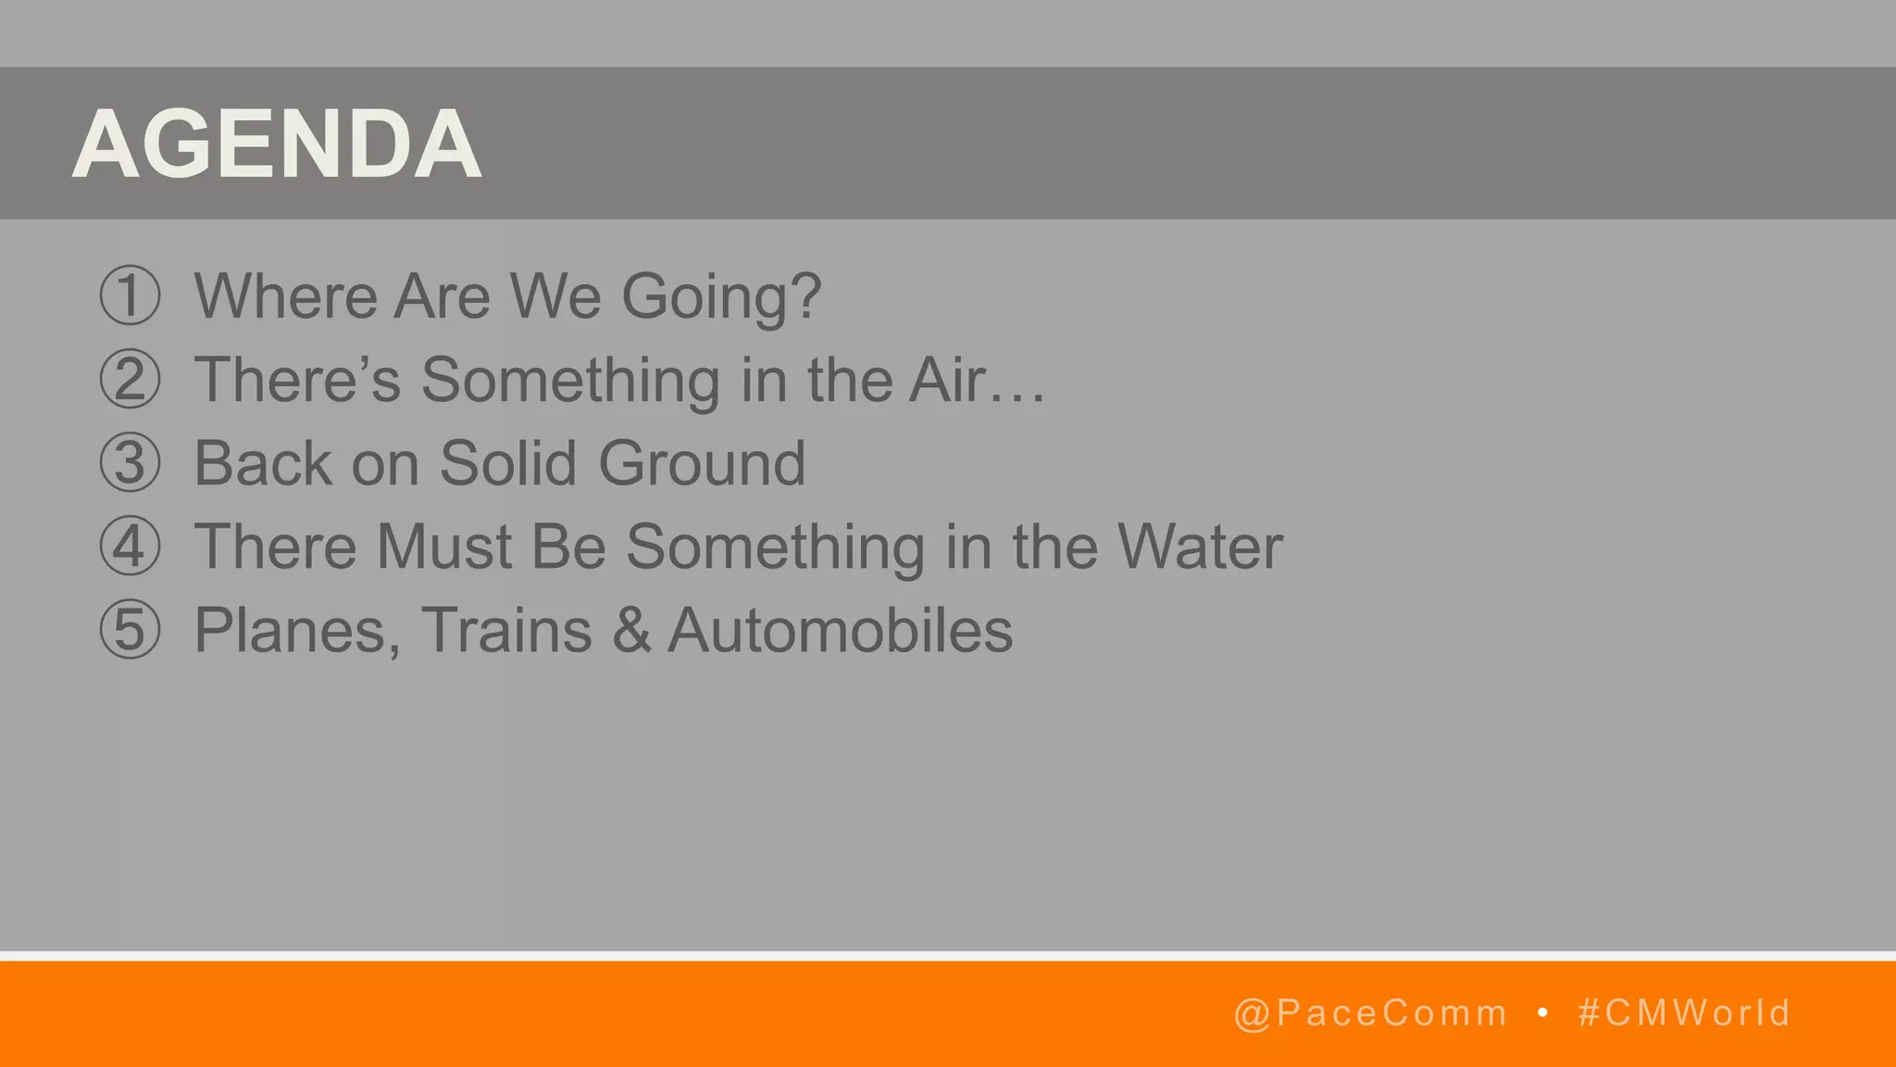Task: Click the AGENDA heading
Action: coord(277,144)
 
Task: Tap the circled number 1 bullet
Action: coord(130,295)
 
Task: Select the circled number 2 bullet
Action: coord(130,380)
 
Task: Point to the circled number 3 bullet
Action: coord(130,463)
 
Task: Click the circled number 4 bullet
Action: coord(130,546)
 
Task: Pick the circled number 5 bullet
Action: coord(130,630)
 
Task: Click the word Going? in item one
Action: coord(720,298)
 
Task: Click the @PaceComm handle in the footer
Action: coord(1370,1013)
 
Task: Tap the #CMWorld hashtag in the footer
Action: coord(1684,1013)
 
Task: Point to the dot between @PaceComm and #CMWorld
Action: coord(1542,1013)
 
